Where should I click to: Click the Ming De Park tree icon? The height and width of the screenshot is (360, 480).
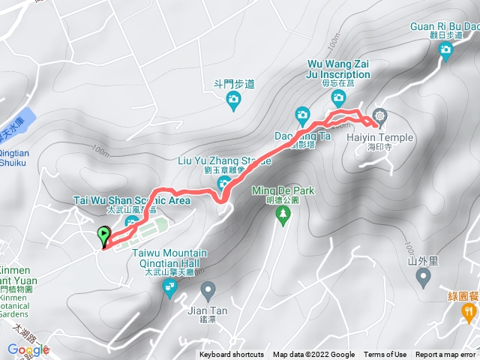click(283, 217)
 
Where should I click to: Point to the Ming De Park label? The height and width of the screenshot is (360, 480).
click(283, 190)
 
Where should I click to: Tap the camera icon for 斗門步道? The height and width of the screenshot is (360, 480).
click(233, 99)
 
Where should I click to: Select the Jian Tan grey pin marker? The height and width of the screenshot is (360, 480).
click(208, 288)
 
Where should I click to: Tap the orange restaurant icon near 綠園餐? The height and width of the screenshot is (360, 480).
click(469, 310)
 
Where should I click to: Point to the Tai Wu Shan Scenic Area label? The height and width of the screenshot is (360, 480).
click(131, 201)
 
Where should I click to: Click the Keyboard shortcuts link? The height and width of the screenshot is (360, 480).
click(231, 355)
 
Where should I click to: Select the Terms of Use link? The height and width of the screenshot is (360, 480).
click(385, 355)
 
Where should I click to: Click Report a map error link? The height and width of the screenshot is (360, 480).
click(446, 355)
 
